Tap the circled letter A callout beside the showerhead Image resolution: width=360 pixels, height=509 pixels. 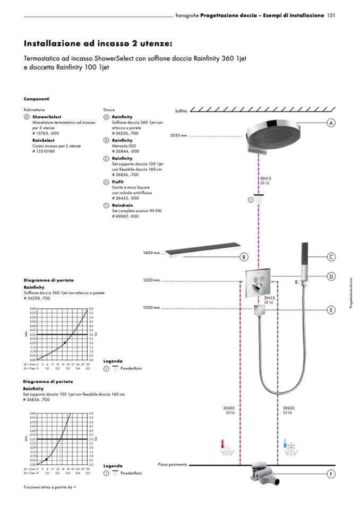(331, 123)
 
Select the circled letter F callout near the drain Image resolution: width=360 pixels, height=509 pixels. (331, 473)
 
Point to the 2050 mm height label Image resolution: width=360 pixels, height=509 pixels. (179, 136)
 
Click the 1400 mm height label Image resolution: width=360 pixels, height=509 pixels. (151, 253)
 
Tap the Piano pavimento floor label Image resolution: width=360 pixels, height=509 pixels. (173, 464)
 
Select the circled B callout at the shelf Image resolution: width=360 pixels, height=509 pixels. (244, 257)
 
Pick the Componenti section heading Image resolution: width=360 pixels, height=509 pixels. (37, 99)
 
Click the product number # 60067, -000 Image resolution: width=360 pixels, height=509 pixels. (125, 216)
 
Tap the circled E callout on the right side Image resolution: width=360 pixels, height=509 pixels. (331, 309)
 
